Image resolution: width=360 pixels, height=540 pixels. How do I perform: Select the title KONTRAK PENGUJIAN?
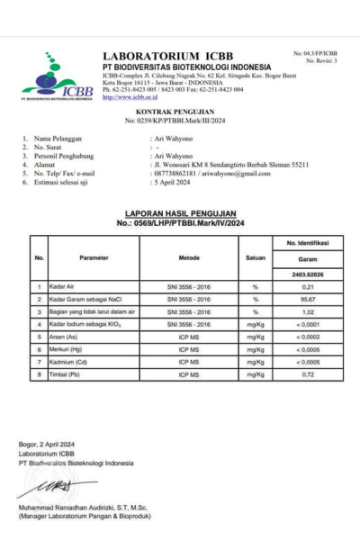click(x=179, y=111)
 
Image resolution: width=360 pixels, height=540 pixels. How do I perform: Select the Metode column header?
click(x=189, y=257)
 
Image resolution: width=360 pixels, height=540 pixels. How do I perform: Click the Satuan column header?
click(x=256, y=257)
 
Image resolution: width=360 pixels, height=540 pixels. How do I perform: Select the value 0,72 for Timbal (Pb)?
click(x=308, y=373)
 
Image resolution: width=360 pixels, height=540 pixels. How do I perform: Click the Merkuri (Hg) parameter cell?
click(x=66, y=348)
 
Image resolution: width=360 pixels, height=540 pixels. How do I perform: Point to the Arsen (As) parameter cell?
click(x=64, y=336)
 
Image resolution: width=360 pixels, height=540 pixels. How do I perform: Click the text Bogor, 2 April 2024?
click(x=47, y=445)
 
